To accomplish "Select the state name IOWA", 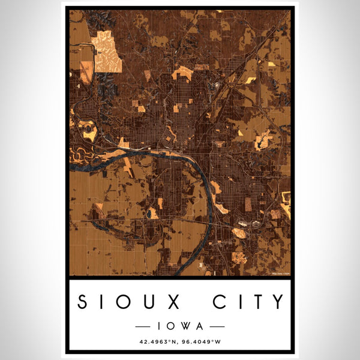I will tap(179, 326).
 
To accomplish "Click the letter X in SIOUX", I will tap(172, 301).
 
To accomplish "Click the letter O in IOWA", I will tap(171, 326).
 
